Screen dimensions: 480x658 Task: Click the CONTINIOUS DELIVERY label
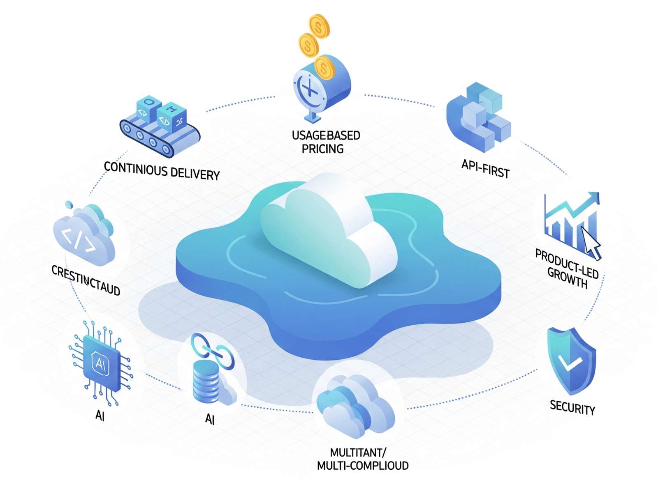(162, 171)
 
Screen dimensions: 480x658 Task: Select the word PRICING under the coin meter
(322, 149)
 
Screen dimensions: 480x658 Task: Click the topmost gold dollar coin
(319, 26)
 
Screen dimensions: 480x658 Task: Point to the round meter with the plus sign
(310, 89)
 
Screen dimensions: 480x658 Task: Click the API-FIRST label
(485, 168)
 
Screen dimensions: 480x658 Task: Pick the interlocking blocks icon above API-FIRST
(479, 117)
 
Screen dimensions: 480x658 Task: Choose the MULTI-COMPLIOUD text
(363, 466)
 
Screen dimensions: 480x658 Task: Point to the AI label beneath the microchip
(100, 416)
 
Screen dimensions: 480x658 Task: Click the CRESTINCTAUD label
(86, 280)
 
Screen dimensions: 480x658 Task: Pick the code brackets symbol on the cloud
(79, 239)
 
